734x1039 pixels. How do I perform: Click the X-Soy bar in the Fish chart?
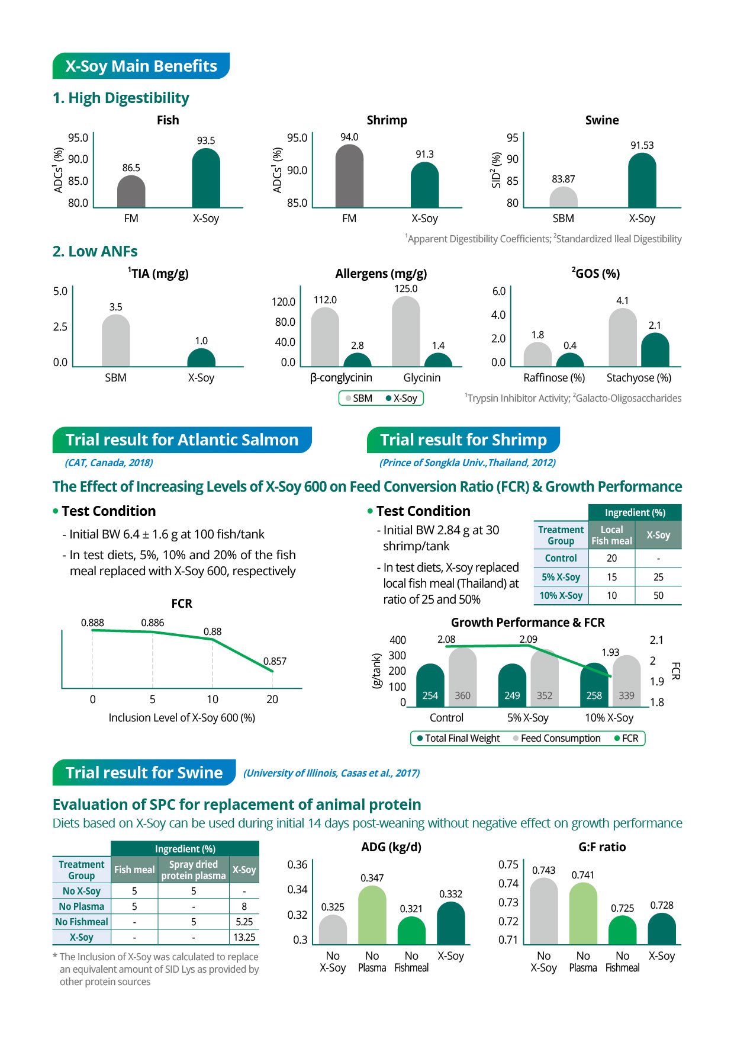[x=206, y=179]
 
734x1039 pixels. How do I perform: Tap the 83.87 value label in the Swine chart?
[x=563, y=179]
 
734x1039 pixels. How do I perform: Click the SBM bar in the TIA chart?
[x=116, y=342]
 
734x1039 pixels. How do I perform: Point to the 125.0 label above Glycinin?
[x=405, y=288]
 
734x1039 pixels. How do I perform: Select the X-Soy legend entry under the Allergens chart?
[x=402, y=398]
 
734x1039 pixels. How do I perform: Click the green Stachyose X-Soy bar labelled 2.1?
[x=655, y=351]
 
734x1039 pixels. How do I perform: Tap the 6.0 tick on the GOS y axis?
[x=498, y=291]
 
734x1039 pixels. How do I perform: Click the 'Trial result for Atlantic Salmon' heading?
[x=182, y=440]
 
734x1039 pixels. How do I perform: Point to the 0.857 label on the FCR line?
[x=275, y=661]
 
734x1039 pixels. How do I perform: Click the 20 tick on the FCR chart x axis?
[x=272, y=699]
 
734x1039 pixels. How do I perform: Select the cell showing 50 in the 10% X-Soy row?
[x=658, y=595]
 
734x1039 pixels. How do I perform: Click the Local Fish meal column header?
[x=611, y=535]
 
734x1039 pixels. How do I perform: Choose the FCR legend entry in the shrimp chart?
[x=626, y=738]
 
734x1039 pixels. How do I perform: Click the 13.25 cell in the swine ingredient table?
[x=244, y=937]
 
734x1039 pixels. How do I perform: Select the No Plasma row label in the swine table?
[x=82, y=906]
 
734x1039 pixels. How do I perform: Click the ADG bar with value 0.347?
[x=372, y=916]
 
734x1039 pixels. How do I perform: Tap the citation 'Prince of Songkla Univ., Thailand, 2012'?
[x=467, y=463]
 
